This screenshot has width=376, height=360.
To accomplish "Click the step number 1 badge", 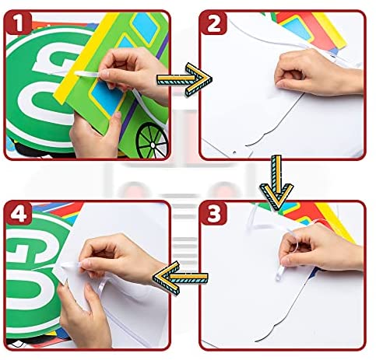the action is coord(18,23).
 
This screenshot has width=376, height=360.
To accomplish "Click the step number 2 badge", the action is coord(213,23).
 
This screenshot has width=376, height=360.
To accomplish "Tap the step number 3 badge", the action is coord(213,213).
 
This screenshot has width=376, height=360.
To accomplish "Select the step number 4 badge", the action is coord(18,213).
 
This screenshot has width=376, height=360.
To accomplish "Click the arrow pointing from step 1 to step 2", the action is coord(184,79).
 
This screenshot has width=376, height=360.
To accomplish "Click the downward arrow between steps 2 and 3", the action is coord(277,183).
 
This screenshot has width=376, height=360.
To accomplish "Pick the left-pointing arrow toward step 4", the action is coord(180,278).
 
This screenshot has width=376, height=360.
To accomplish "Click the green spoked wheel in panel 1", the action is coord(152,140).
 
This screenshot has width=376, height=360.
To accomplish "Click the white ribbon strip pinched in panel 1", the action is coord(87,75).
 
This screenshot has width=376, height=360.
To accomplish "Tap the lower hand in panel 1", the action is coord(96,135).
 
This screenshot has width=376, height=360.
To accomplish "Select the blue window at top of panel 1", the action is coord(145,26).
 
